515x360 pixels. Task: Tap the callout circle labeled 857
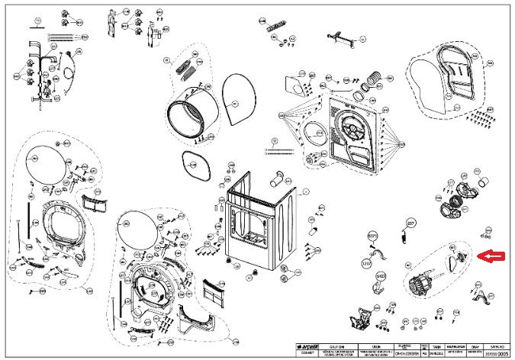pos(410,223)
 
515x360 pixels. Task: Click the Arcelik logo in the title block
pos(307,346)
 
